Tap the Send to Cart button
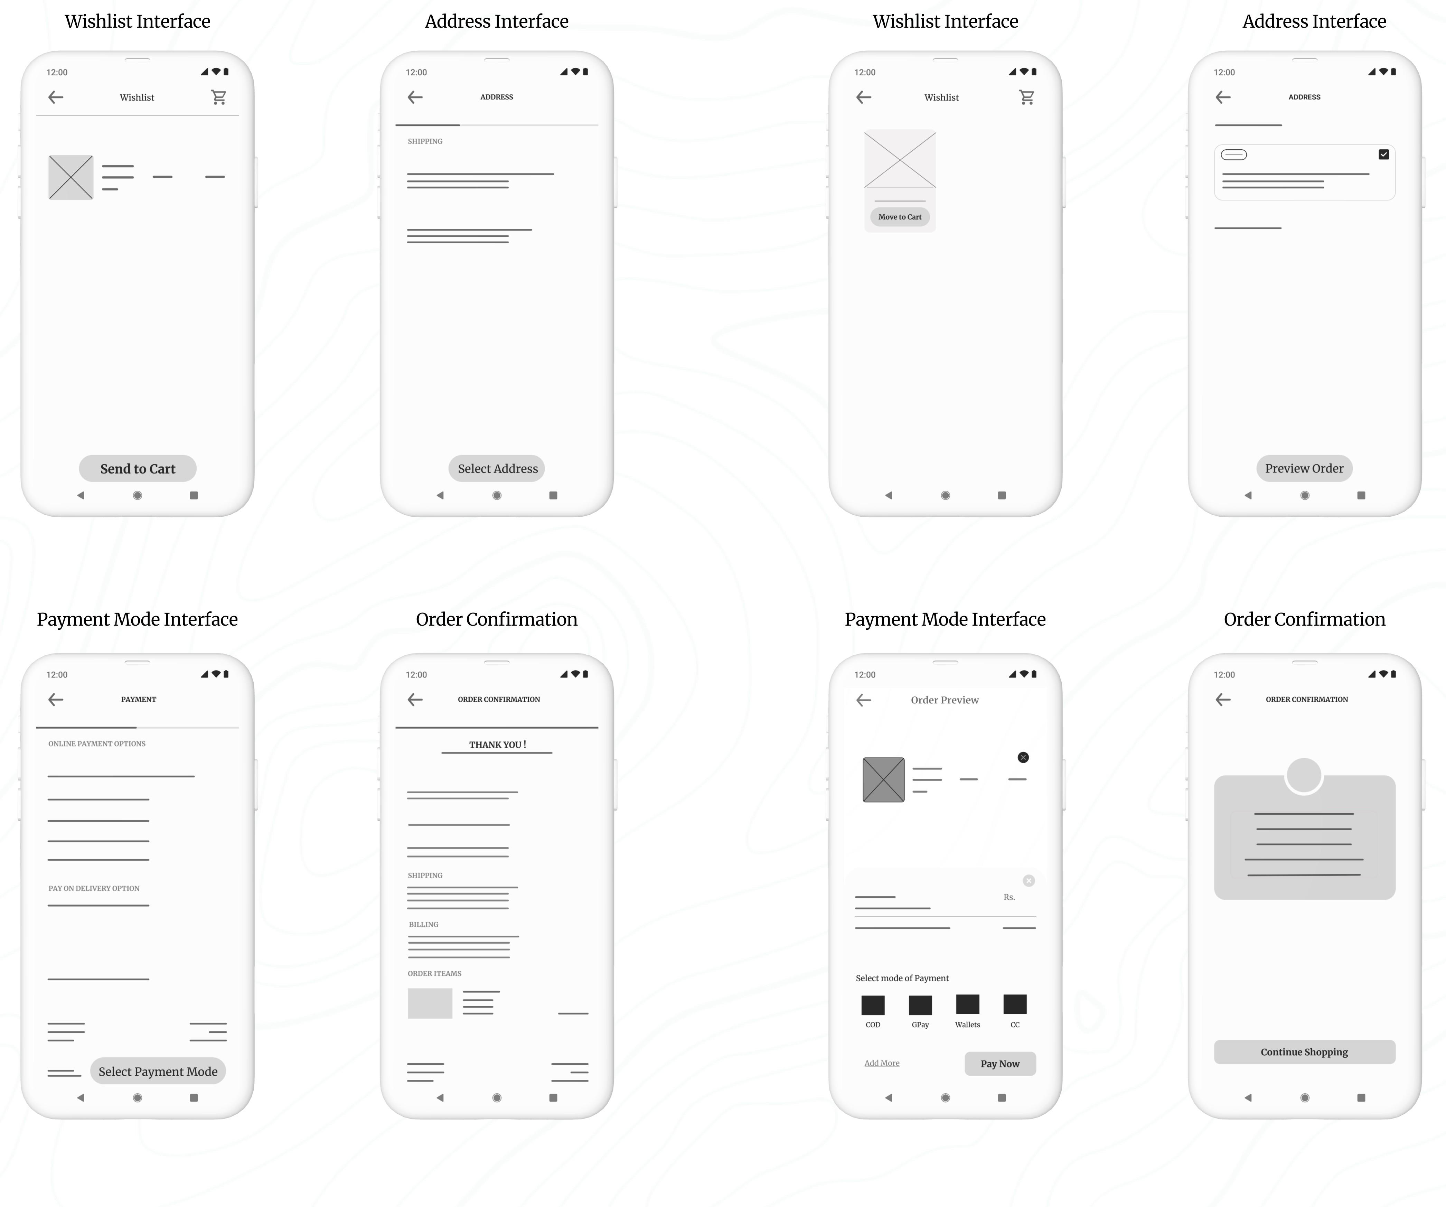click(x=138, y=468)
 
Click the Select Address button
click(x=497, y=468)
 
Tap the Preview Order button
click(x=1304, y=468)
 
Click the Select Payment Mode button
click(x=158, y=1072)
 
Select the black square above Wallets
click(x=967, y=1004)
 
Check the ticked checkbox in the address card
click(x=1383, y=154)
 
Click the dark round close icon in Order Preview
click(x=1023, y=757)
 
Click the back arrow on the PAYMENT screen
click(x=56, y=700)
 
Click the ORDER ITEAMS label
click(x=434, y=974)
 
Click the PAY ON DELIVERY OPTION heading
click(x=94, y=888)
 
